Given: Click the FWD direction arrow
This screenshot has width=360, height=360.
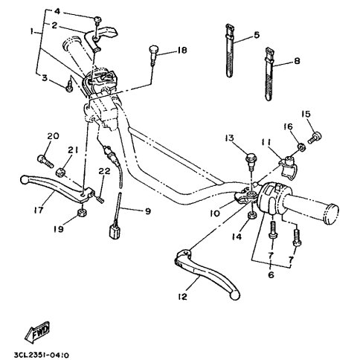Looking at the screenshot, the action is click(38, 331).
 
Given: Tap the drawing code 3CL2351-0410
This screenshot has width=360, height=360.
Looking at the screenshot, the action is click(42, 356).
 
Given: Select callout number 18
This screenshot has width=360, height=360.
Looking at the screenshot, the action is click(181, 51).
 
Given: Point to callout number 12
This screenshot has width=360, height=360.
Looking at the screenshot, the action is click(182, 297).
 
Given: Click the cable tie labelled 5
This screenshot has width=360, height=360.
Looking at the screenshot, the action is click(230, 51).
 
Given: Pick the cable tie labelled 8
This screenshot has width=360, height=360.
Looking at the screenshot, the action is click(269, 74).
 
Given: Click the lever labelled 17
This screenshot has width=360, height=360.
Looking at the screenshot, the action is click(57, 187).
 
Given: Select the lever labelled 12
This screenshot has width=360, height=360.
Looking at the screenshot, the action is click(207, 272).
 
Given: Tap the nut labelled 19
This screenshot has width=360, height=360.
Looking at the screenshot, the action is click(82, 213).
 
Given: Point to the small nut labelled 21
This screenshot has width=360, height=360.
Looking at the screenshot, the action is click(60, 173).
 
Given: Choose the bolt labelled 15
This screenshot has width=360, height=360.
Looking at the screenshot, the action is click(315, 137).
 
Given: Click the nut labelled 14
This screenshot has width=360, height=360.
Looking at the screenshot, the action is click(252, 215).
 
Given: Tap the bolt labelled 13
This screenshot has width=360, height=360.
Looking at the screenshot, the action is click(251, 161).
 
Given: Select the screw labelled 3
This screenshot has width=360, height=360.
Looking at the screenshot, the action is click(69, 85).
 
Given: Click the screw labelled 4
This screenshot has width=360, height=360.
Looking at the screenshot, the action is click(97, 20).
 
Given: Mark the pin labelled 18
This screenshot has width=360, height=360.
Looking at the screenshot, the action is click(153, 55).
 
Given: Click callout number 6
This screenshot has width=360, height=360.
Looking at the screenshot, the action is click(271, 274).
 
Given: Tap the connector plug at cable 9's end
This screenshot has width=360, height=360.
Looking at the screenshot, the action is click(115, 231).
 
